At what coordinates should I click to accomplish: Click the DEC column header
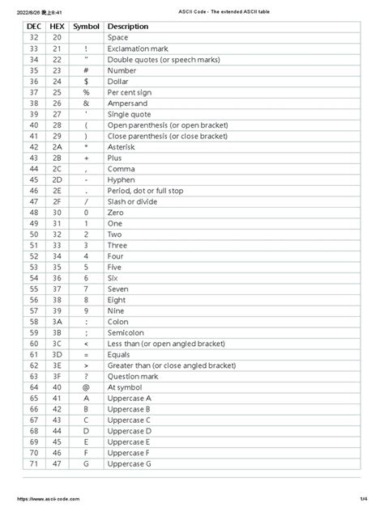coord(34,27)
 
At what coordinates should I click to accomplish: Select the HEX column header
coord(57,27)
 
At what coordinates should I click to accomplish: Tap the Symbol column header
coord(86,27)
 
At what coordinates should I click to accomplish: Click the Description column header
coord(128,27)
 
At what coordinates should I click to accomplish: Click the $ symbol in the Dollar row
coord(86,82)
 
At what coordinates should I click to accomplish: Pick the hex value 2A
coord(57,148)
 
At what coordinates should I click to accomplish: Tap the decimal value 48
coord(34,212)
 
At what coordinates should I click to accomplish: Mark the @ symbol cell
coord(86,387)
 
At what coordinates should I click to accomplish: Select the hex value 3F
coord(57,376)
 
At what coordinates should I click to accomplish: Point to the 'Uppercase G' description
coord(129,463)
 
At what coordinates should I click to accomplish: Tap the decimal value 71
coord(34,463)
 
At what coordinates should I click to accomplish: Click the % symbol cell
coord(86,92)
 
